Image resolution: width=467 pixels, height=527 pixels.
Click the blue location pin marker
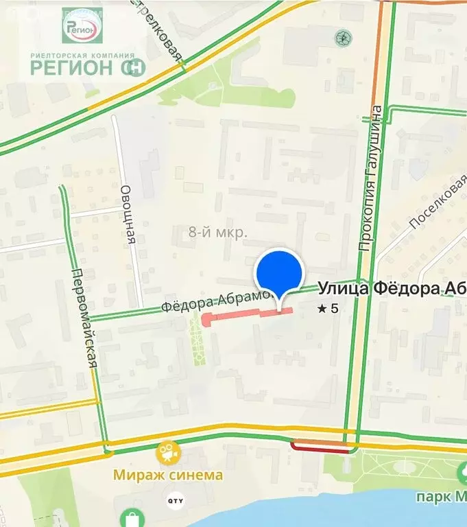pos(279,272)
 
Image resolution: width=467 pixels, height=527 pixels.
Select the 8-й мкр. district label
pos(217,233)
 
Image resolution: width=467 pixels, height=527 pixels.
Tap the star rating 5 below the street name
pos(328,309)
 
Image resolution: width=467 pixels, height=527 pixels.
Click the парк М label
pos(441,496)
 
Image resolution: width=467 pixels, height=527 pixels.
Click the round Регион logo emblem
pos(82,26)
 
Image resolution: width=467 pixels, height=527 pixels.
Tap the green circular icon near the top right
pos(340,36)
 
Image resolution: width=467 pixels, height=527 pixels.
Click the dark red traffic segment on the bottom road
pos(320,448)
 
